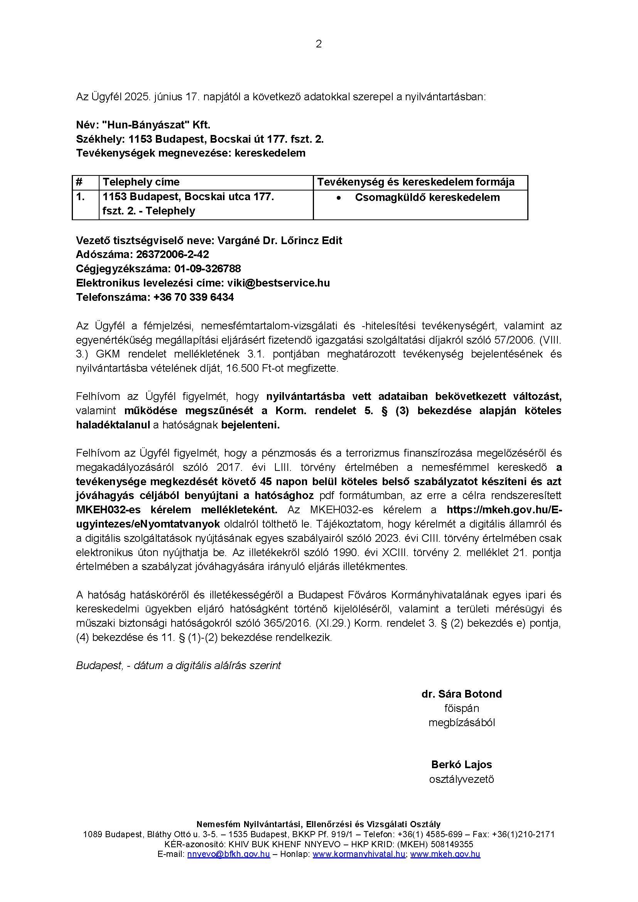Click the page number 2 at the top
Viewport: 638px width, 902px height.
[x=319, y=44]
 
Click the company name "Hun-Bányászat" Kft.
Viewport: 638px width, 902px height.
[x=156, y=125]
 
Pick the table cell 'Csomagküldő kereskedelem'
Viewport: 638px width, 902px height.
[x=427, y=197]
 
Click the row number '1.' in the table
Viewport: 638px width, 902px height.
[x=81, y=196]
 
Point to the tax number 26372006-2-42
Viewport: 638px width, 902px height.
[x=172, y=255]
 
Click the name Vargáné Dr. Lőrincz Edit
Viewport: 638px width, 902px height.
[x=280, y=240]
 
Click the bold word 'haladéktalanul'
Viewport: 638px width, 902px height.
[x=113, y=425]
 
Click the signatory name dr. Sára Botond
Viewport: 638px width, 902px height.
[x=462, y=694]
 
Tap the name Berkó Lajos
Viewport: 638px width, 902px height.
[x=461, y=764]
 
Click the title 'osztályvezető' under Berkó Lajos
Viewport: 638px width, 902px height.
[x=461, y=779]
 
